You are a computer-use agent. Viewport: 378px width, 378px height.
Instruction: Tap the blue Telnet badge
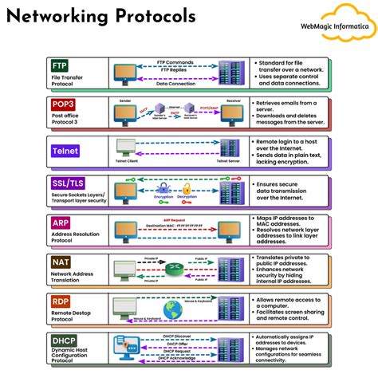point(65,151)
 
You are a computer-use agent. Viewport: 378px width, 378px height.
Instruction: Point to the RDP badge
point(61,301)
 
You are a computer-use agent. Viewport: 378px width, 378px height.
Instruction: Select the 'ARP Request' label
point(178,219)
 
